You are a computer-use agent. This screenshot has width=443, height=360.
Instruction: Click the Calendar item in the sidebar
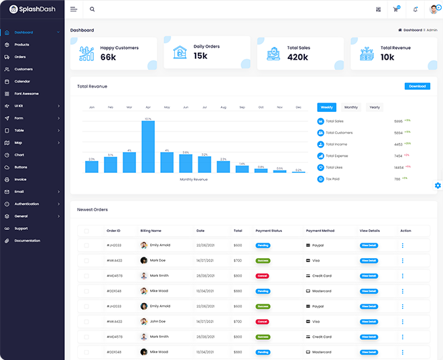(22, 81)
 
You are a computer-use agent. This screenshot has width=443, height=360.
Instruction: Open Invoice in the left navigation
(20, 179)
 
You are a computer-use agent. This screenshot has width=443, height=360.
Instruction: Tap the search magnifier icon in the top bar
(92, 9)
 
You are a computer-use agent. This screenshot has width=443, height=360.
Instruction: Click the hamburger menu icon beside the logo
(74, 9)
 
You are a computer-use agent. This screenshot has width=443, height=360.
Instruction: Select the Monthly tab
(351, 107)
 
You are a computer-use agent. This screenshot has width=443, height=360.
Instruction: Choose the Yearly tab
(374, 107)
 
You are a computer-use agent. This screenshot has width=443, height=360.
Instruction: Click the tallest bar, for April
(148, 146)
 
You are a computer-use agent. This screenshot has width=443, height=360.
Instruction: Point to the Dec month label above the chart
(298, 107)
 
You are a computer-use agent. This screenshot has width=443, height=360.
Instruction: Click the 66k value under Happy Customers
(109, 57)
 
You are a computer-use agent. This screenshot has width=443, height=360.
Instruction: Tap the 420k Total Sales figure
(298, 57)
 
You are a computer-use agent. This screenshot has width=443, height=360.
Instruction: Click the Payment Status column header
(269, 231)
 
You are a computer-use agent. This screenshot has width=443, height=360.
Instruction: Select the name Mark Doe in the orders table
(157, 260)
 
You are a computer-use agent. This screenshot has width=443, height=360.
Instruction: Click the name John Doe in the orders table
(157, 322)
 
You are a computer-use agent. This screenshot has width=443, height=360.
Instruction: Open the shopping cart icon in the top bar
(396, 9)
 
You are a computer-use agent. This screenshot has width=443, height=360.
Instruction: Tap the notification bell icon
(415, 9)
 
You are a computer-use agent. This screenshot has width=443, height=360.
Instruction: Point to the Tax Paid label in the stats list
(333, 179)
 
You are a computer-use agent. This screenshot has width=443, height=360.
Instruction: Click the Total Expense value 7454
(398, 156)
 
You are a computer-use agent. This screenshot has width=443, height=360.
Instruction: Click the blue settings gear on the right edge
(438, 185)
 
